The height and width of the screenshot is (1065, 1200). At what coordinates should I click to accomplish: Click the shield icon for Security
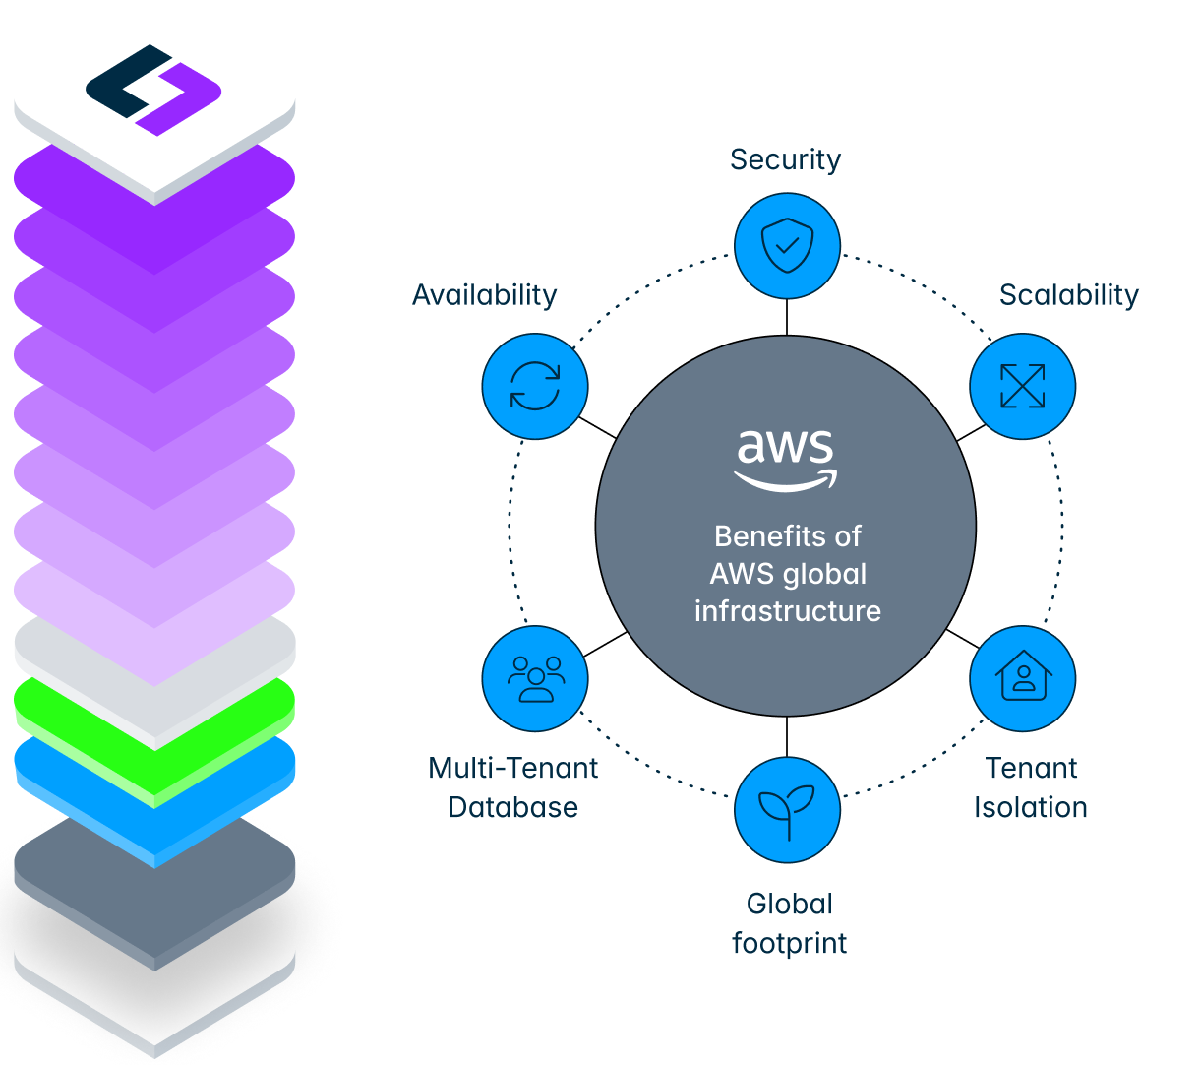pos(787,245)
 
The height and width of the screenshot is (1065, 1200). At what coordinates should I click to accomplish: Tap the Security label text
pos(785,159)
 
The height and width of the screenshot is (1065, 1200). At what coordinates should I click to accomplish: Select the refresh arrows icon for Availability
pos(535,386)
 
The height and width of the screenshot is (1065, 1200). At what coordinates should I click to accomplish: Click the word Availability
pos(484,294)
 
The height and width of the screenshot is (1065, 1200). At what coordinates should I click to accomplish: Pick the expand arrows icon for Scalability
pos(1022,386)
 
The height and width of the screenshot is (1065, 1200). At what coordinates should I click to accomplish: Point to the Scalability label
pos(1068,294)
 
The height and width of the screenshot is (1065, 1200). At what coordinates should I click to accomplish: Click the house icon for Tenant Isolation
pos(1022,678)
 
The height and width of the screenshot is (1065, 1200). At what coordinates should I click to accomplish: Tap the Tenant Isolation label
pos(1030,786)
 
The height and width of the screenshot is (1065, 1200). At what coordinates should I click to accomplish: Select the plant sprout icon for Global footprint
pos(787,809)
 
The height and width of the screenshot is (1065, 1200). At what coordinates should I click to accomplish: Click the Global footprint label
pos(789,922)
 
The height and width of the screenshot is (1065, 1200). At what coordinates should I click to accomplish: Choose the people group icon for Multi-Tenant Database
pos(535,678)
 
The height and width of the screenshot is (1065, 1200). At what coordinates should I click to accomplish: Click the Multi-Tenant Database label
pos(512,786)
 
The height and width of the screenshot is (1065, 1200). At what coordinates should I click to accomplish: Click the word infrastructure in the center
pos(787,610)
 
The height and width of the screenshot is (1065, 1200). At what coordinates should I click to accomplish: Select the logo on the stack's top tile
pos(153,89)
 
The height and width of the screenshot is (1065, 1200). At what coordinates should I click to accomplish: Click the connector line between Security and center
pos(787,316)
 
